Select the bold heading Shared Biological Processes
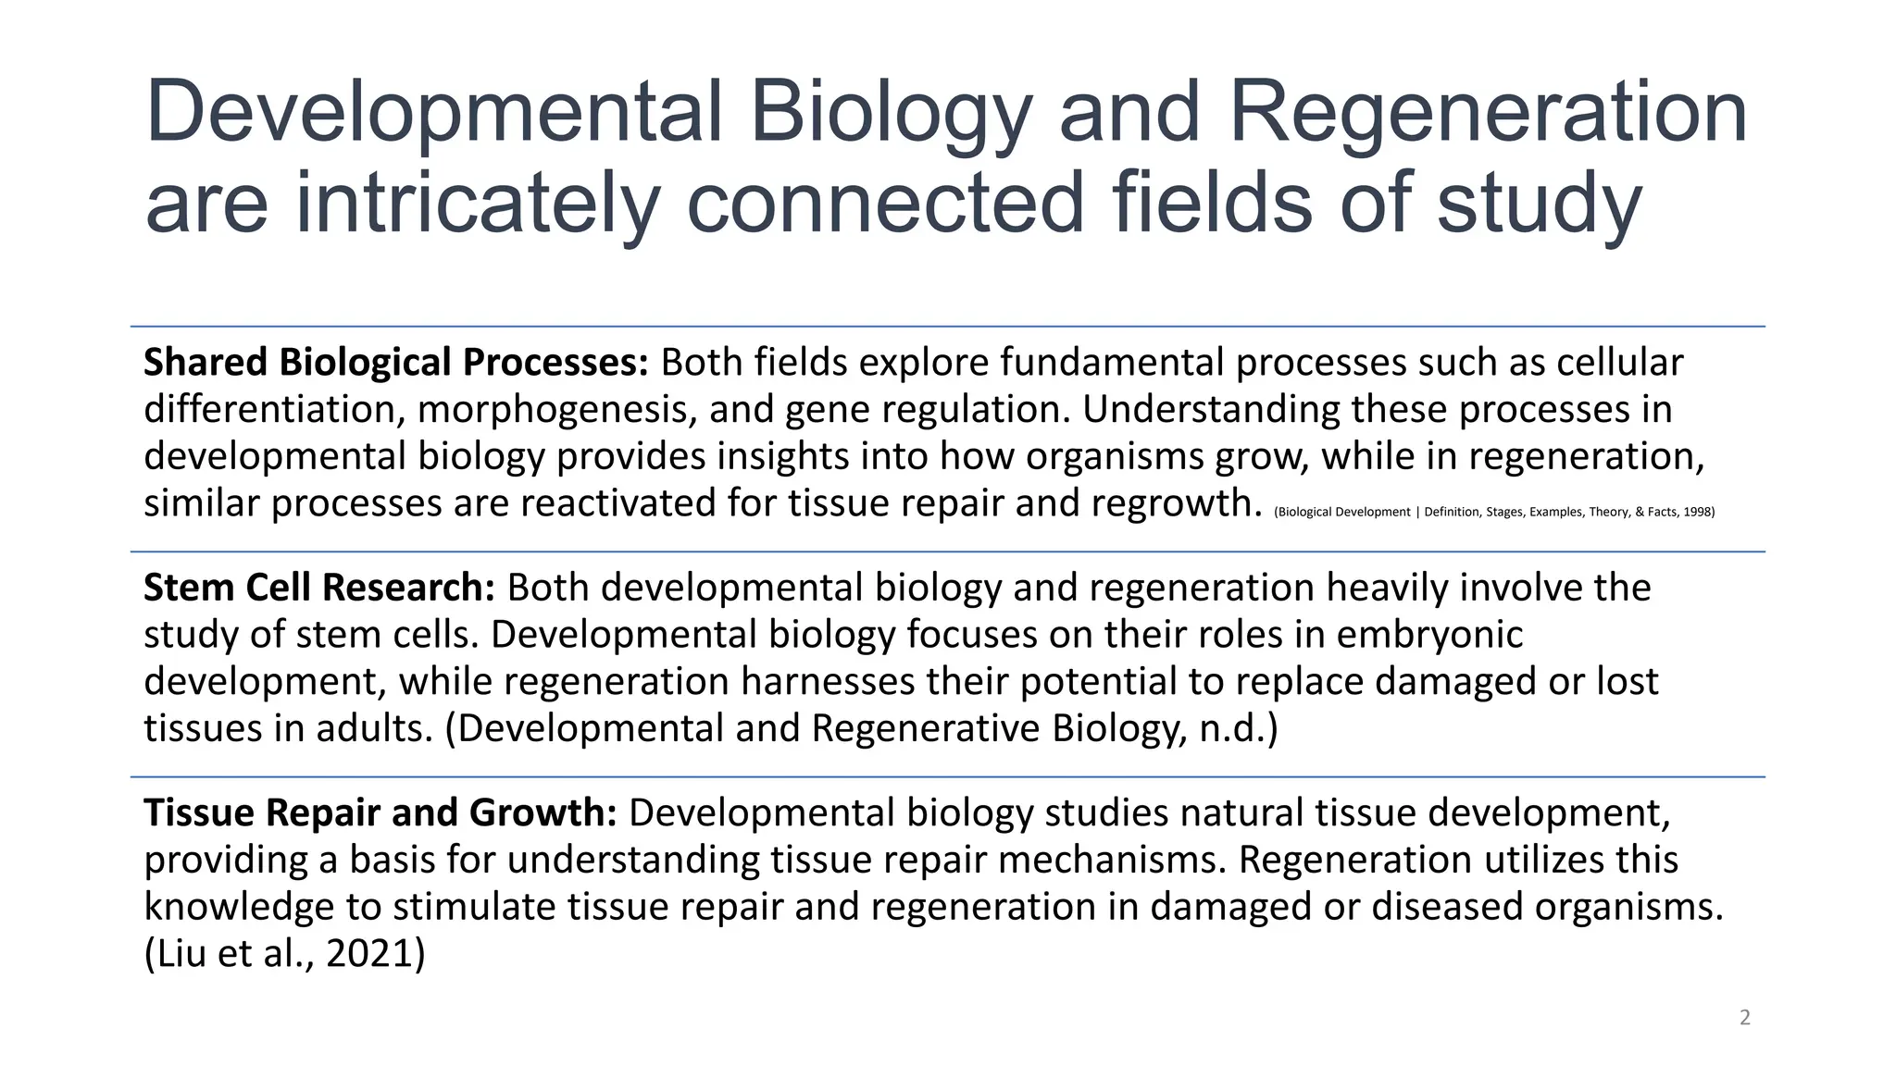pos(396,363)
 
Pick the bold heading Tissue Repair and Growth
pos(380,813)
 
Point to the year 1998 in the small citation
pos(1699,513)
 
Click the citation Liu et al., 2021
pos(285,954)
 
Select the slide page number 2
pos(1745,1018)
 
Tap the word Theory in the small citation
pos(1608,513)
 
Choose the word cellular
pos(1619,363)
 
